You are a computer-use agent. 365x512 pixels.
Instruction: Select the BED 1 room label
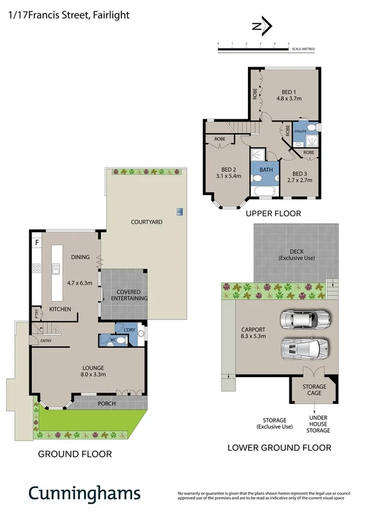click(x=289, y=91)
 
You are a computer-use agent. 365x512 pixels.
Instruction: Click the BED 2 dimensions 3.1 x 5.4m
click(x=228, y=176)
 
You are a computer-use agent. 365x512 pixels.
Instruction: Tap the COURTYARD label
click(x=146, y=222)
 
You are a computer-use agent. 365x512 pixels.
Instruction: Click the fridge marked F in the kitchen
click(x=37, y=243)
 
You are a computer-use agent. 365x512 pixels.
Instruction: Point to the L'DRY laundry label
click(x=130, y=329)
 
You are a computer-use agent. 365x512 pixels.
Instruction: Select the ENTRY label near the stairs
click(x=46, y=341)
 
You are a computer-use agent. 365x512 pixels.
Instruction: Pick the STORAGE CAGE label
click(x=314, y=390)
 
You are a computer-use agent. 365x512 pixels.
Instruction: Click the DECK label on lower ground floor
click(x=296, y=254)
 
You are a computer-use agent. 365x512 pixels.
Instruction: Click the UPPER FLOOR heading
click(x=273, y=213)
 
